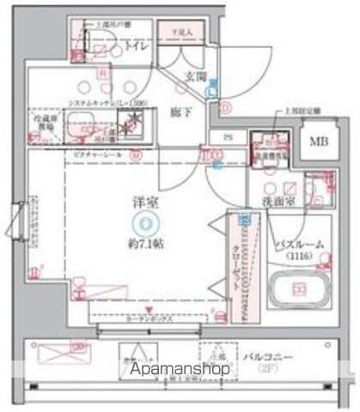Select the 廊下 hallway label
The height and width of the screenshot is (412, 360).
180,110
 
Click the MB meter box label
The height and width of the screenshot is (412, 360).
319,140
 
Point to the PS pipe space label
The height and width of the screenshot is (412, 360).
227,138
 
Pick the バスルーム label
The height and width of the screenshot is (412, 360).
299,245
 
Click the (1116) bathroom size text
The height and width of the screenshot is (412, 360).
299,257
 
